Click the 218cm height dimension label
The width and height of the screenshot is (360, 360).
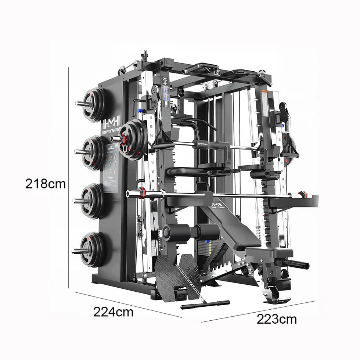[x=45, y=183]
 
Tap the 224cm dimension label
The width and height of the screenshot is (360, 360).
[x=113, y=312]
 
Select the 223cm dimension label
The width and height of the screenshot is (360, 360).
[x=277, y=319]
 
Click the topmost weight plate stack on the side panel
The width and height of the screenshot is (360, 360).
[x=93, y=104]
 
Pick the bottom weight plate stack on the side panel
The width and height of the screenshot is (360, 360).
[x=92, y=249]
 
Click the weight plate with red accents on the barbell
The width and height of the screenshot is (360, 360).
[x=133, y=139]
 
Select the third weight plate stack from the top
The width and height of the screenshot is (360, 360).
[x=91, y=201]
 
